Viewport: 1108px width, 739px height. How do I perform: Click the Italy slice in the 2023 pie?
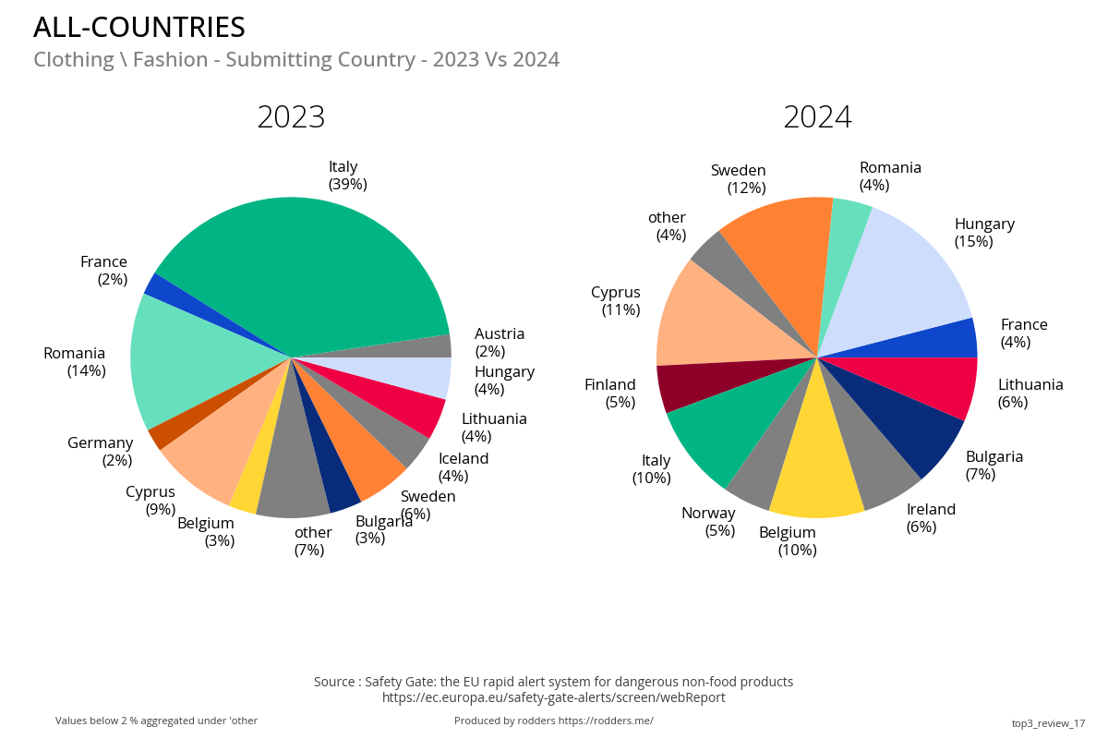click(305, 268)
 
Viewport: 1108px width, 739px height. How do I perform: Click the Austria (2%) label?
click(500, 342)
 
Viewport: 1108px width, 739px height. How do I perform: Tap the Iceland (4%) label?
click(463, 467)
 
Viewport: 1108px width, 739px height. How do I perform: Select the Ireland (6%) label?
click(931, 518)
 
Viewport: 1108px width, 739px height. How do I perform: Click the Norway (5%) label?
click(708, 522)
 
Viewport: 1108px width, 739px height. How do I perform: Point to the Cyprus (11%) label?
click(616, 301)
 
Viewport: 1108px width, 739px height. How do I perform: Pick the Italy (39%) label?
click(347, 176)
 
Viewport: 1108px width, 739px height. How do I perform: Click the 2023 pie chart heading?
click(291, 117)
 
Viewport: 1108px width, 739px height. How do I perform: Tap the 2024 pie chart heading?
click(817, 117)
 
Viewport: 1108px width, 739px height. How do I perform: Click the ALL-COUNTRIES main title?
click(139, 28)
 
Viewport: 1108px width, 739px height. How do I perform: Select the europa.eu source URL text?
click(553, 697)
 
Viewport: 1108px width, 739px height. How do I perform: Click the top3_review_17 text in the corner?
click(1048, 723)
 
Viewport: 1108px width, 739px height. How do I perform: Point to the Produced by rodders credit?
click(553, 721)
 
